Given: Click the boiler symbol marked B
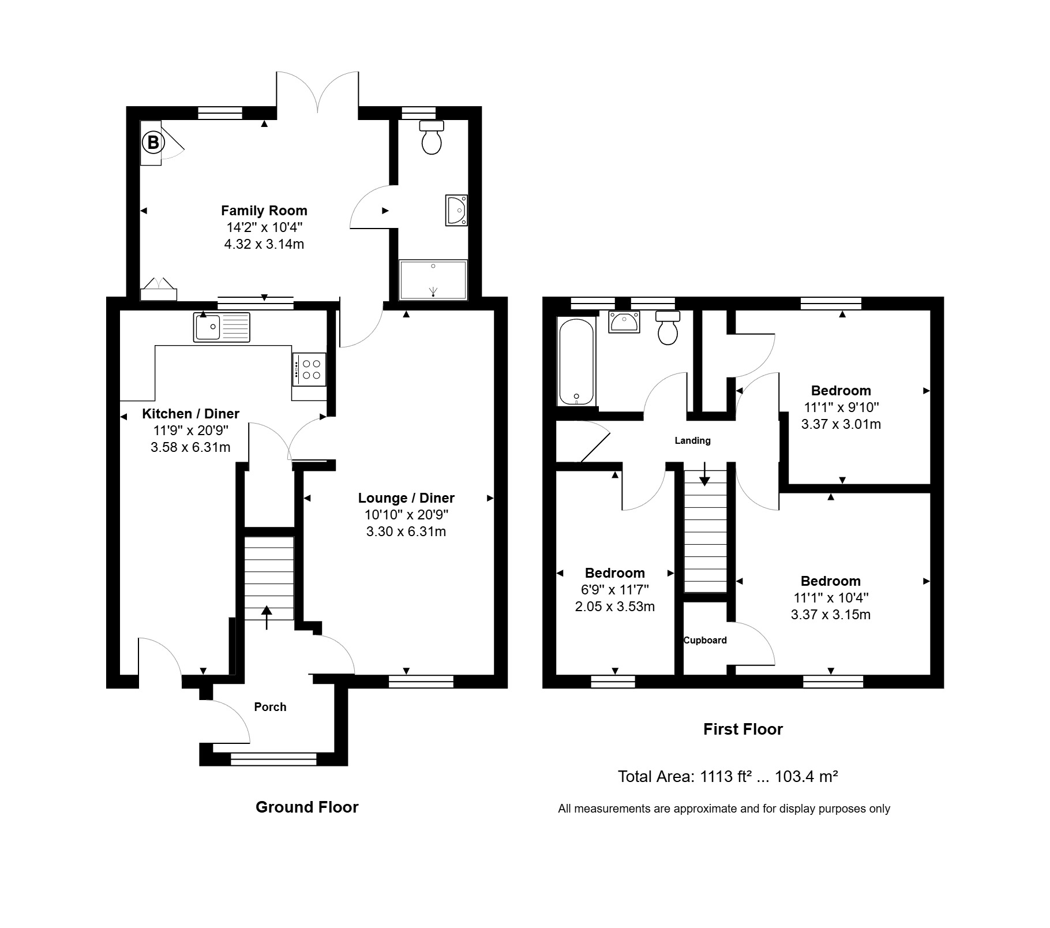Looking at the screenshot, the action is coord(153,142).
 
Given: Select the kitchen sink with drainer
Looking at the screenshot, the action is coord(222,327).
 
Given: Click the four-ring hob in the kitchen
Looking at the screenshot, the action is coord(310,369).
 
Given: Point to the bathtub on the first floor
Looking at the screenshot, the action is coord(576,361).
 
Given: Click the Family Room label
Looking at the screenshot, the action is coord(264,211).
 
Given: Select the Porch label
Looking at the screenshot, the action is coord(270,707).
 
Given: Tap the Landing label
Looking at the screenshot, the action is coord(693,441).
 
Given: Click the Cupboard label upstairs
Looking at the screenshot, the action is coord(705,640).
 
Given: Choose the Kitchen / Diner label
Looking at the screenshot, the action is coord(190,414).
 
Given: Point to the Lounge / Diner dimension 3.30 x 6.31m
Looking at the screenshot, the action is coord(406,532).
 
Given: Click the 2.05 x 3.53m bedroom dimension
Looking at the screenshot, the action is coord(615,607).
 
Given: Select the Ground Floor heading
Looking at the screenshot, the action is coord(307,807).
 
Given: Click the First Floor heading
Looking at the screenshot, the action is coord(743,729).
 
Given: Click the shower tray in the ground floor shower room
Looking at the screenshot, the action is coord(433,280).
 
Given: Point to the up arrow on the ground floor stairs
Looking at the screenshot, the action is coord(267,618).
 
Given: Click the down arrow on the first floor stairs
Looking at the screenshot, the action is coord(704,474).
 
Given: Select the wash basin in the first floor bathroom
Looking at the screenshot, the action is coord(624,322).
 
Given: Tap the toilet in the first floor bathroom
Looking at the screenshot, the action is coord(668,328).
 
